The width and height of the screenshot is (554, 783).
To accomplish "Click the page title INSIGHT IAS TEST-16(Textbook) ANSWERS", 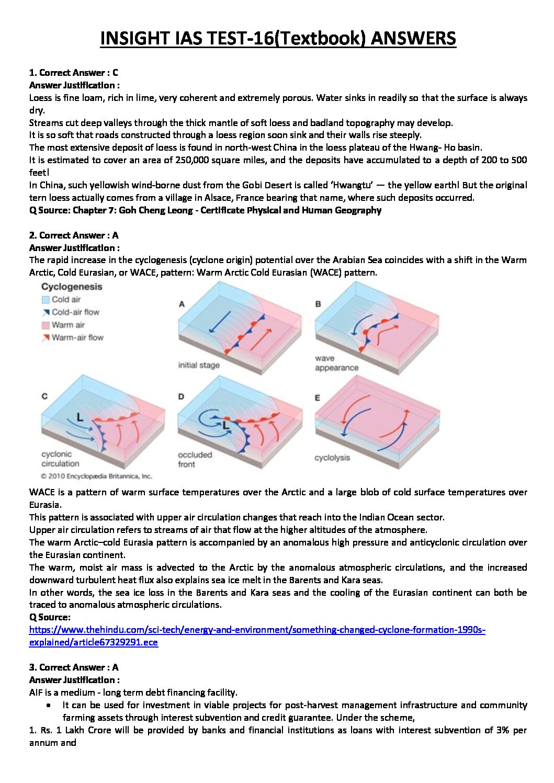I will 278,39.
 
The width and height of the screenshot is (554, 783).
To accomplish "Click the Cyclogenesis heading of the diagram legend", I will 72,287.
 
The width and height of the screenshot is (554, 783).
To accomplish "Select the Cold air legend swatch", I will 46,300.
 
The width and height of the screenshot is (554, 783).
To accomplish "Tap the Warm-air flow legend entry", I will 77,338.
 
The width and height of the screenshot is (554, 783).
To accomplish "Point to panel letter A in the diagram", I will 182,304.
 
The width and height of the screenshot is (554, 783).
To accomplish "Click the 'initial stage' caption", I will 199,365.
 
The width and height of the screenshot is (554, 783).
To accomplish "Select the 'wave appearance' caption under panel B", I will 336,363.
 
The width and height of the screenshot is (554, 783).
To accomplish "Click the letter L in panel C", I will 80,417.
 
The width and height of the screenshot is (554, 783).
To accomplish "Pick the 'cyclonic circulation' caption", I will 60,459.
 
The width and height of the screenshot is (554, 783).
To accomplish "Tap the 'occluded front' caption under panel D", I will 195,459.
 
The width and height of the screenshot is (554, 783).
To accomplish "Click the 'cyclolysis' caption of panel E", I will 332,458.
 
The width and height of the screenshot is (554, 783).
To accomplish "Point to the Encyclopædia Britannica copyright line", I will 96,476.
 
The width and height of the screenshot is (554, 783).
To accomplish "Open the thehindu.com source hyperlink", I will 257,630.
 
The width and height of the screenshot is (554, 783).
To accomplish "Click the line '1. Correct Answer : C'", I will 73,73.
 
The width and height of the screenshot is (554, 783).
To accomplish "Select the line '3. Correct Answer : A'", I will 73,667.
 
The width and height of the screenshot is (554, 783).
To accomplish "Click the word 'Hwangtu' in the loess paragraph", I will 354,185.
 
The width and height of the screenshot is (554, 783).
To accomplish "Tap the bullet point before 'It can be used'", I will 49,705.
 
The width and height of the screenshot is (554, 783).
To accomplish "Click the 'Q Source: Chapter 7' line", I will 205,210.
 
